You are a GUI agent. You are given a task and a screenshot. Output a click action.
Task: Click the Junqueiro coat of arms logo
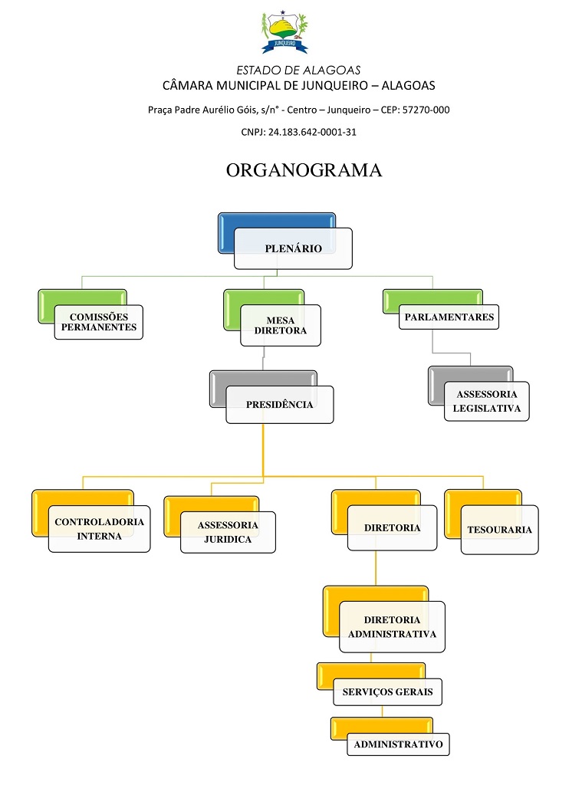284,32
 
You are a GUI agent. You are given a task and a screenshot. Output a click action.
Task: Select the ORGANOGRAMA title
304,170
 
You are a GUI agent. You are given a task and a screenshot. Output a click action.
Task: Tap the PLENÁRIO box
293,248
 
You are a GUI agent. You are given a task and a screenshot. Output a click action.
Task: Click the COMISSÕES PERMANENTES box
98,322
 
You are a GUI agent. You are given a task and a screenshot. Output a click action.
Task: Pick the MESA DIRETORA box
280,325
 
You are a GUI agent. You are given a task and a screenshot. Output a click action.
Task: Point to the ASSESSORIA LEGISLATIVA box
487,401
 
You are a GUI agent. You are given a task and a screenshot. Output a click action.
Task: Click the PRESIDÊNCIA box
279,404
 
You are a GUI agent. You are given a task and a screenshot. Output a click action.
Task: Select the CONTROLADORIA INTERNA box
99,529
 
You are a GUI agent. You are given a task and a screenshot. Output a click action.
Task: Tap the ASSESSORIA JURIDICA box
228,532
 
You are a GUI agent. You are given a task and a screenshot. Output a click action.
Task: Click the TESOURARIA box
499,530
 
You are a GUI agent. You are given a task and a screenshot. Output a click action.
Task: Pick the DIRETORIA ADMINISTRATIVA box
392,626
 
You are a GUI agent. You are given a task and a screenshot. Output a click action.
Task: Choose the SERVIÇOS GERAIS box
387,691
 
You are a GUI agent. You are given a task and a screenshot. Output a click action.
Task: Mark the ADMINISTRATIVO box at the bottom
398,744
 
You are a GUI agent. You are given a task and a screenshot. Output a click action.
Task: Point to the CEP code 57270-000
426,110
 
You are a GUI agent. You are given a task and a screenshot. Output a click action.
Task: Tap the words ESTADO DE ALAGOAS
298,70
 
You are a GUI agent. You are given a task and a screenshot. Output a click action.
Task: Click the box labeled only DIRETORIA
392,528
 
